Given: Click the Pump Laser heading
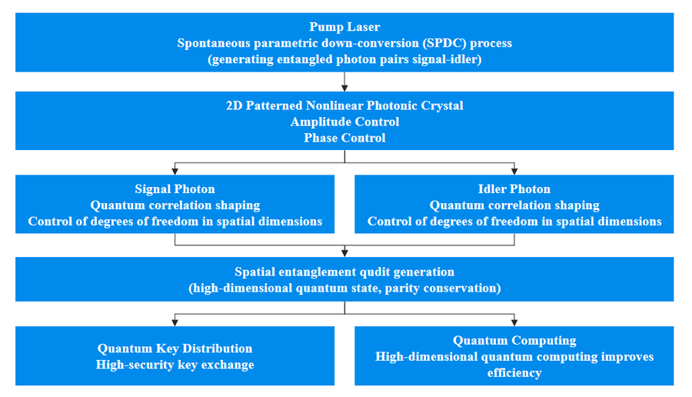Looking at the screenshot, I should tap(344, 27).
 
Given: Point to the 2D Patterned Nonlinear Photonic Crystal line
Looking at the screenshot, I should tap(344, 105).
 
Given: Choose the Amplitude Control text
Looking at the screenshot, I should tap(344, 122).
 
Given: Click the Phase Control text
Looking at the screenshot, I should tap(344, 138).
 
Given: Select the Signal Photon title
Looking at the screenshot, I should tap(175, 188).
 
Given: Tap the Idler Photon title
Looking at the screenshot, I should tap(514, 188).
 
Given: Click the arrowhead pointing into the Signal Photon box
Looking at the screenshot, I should tap(175, 171).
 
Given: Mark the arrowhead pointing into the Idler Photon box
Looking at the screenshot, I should tap(514, 171).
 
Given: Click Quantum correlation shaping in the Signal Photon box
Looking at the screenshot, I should tap(175, 205).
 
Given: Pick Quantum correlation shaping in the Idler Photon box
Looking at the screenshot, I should tap(514, 205).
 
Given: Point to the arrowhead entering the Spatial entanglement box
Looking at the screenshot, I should tap(344, 253).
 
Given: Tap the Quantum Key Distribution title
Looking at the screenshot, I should tap(175, 349).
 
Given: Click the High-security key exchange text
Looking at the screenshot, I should tap(175, 364).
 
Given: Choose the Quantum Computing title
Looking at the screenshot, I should tap(514, 340).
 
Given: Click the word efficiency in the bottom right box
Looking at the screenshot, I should tap(514, 372).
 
